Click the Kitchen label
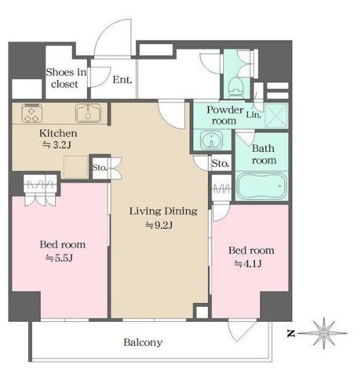(58, 133)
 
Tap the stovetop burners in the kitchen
(32, 113)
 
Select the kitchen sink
(88, 113)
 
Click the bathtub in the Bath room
(261, 186)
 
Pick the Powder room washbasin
(212, 140)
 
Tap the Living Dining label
(163, 211)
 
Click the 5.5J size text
(59, 258)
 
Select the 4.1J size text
(248, 263)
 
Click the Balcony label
(143, 342)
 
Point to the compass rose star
(323, 333)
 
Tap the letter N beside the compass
(290, 334)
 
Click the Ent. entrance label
(122, 80)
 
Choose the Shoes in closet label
(66, 78)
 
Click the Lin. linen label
(254, 115)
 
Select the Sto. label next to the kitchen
(99, 168)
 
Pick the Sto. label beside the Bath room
(220, 164)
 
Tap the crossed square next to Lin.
(276, 116)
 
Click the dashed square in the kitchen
(75, 166)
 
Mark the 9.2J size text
(159, 225)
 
